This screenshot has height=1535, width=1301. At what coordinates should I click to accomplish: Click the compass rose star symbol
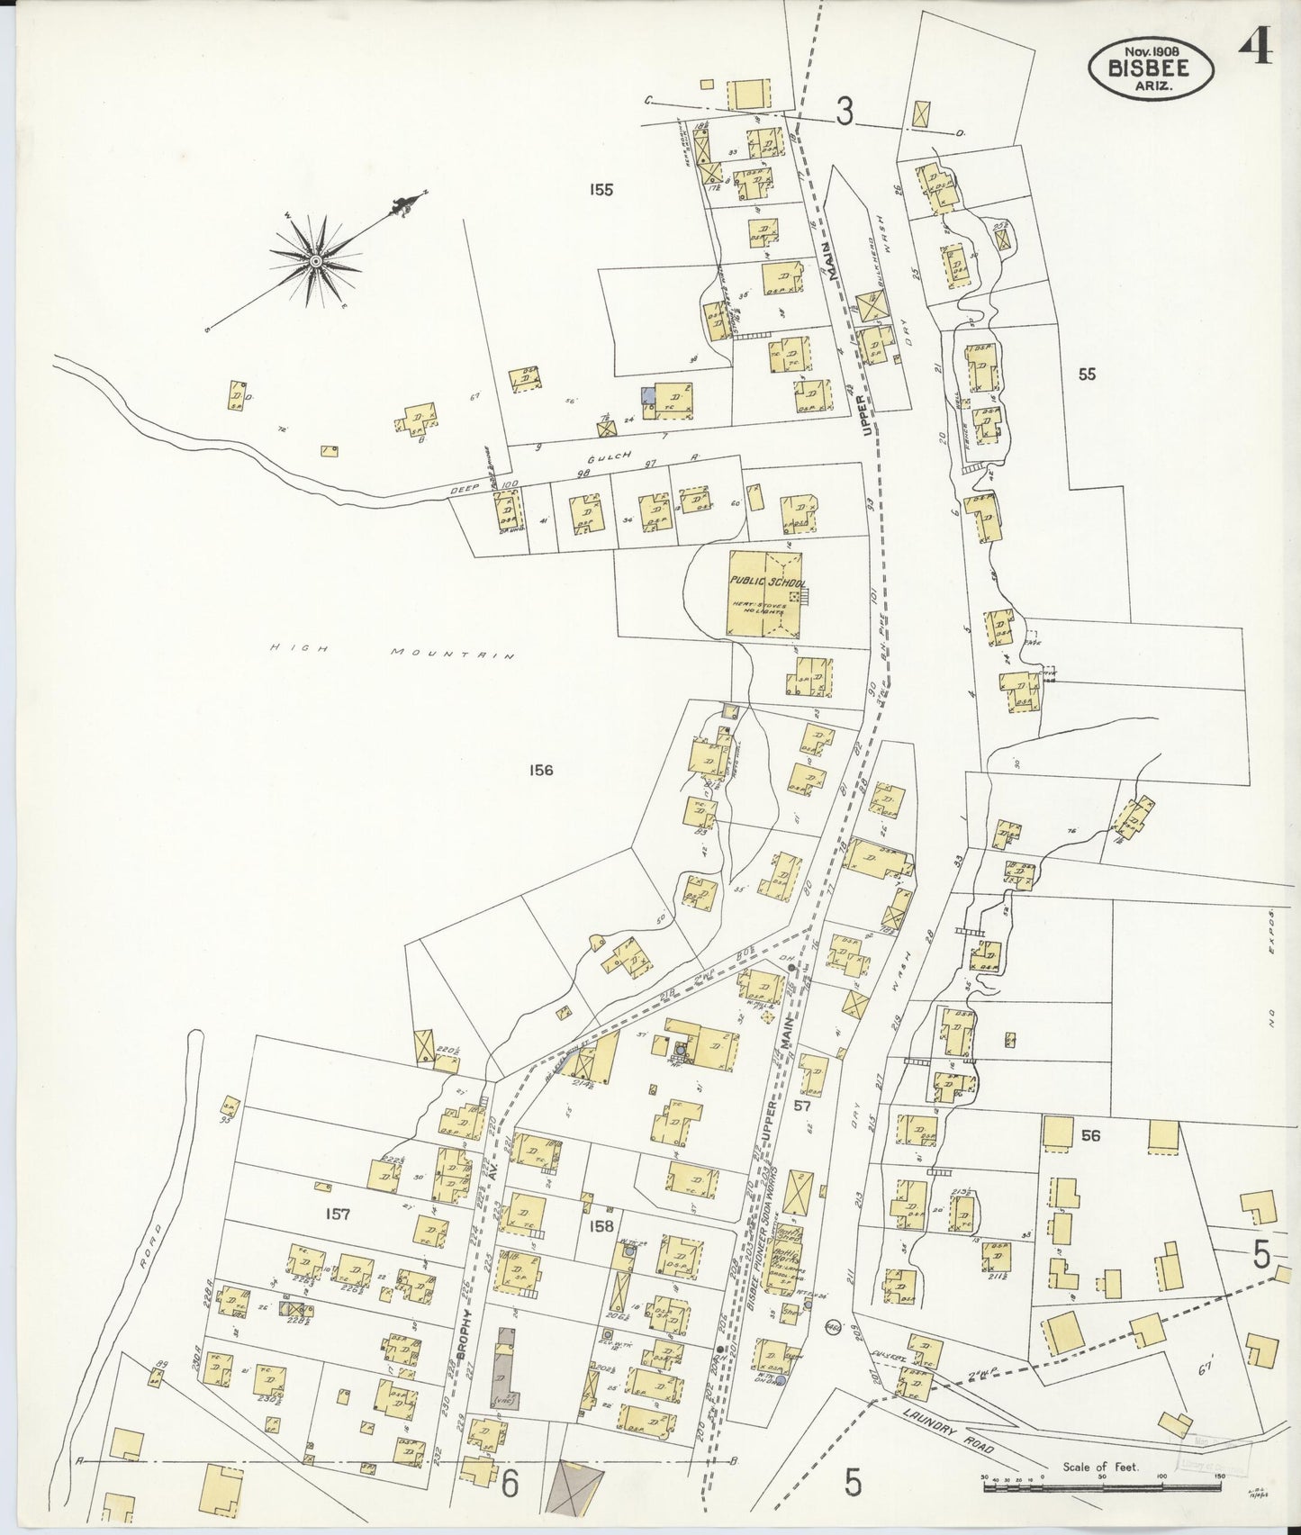click(316, 261)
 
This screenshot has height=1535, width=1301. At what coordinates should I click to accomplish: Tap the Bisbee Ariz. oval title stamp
click(1150, 68)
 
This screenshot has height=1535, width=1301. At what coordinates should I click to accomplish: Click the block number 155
click(601, 190)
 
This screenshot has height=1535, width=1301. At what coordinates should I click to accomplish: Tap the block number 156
click(541, 771)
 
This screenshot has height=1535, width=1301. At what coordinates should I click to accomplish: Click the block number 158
click(601, 1226)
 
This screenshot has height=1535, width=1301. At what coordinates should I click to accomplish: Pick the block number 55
click(1087, 375)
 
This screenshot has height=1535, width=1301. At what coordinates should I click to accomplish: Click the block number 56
click(1090, 1136)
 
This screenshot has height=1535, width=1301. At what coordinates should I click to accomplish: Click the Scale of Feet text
click(1100, 1467)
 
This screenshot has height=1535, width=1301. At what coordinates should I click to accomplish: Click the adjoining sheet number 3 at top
click(844, 113)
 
